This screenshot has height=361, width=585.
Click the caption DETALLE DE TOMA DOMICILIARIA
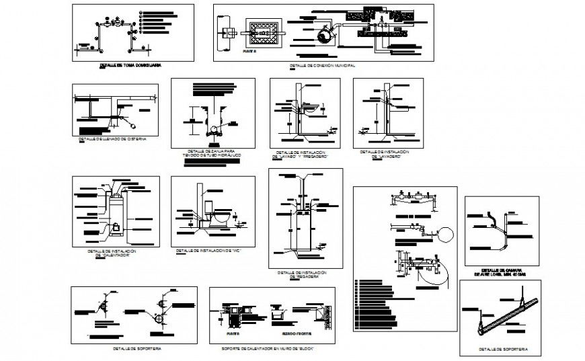131,66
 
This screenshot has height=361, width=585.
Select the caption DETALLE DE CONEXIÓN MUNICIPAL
321,66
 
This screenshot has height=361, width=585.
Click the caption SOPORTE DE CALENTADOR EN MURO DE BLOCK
268,350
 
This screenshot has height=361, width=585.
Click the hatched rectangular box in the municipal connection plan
258,31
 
